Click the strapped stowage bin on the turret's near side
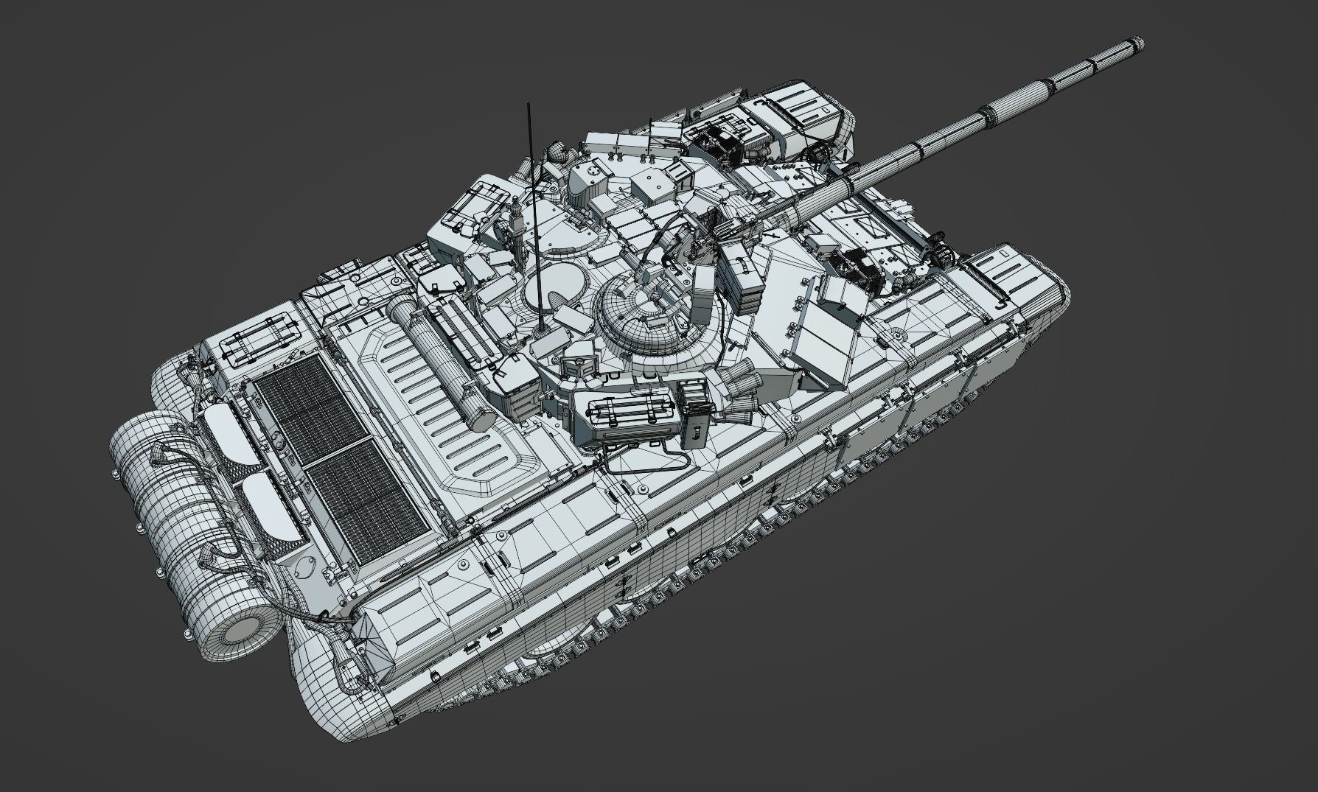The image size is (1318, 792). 627,417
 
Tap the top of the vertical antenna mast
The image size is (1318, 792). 528,105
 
